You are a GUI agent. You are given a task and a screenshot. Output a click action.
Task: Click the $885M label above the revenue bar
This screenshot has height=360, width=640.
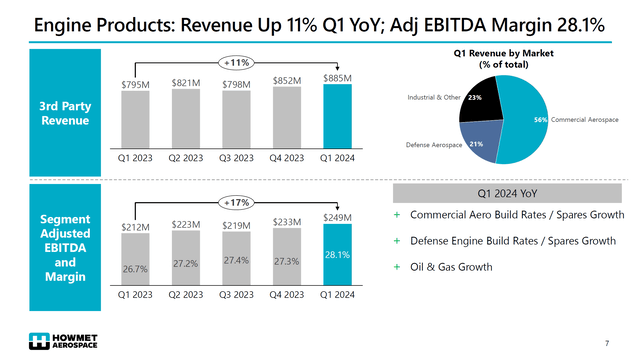coord(337,77)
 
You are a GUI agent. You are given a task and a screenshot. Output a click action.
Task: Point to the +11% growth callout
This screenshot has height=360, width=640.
coord(236,62)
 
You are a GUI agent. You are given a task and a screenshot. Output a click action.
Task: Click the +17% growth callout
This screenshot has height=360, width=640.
coord(236,200)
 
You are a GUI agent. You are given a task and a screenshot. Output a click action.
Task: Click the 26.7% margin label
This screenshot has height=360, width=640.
coord(137,269)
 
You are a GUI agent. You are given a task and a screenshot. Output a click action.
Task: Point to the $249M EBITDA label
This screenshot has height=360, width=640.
coord(337,217)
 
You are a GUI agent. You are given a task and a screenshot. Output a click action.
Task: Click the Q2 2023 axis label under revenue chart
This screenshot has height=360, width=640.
coord(187,158)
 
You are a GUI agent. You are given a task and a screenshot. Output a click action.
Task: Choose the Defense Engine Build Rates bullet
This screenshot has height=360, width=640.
coord(510,240)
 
